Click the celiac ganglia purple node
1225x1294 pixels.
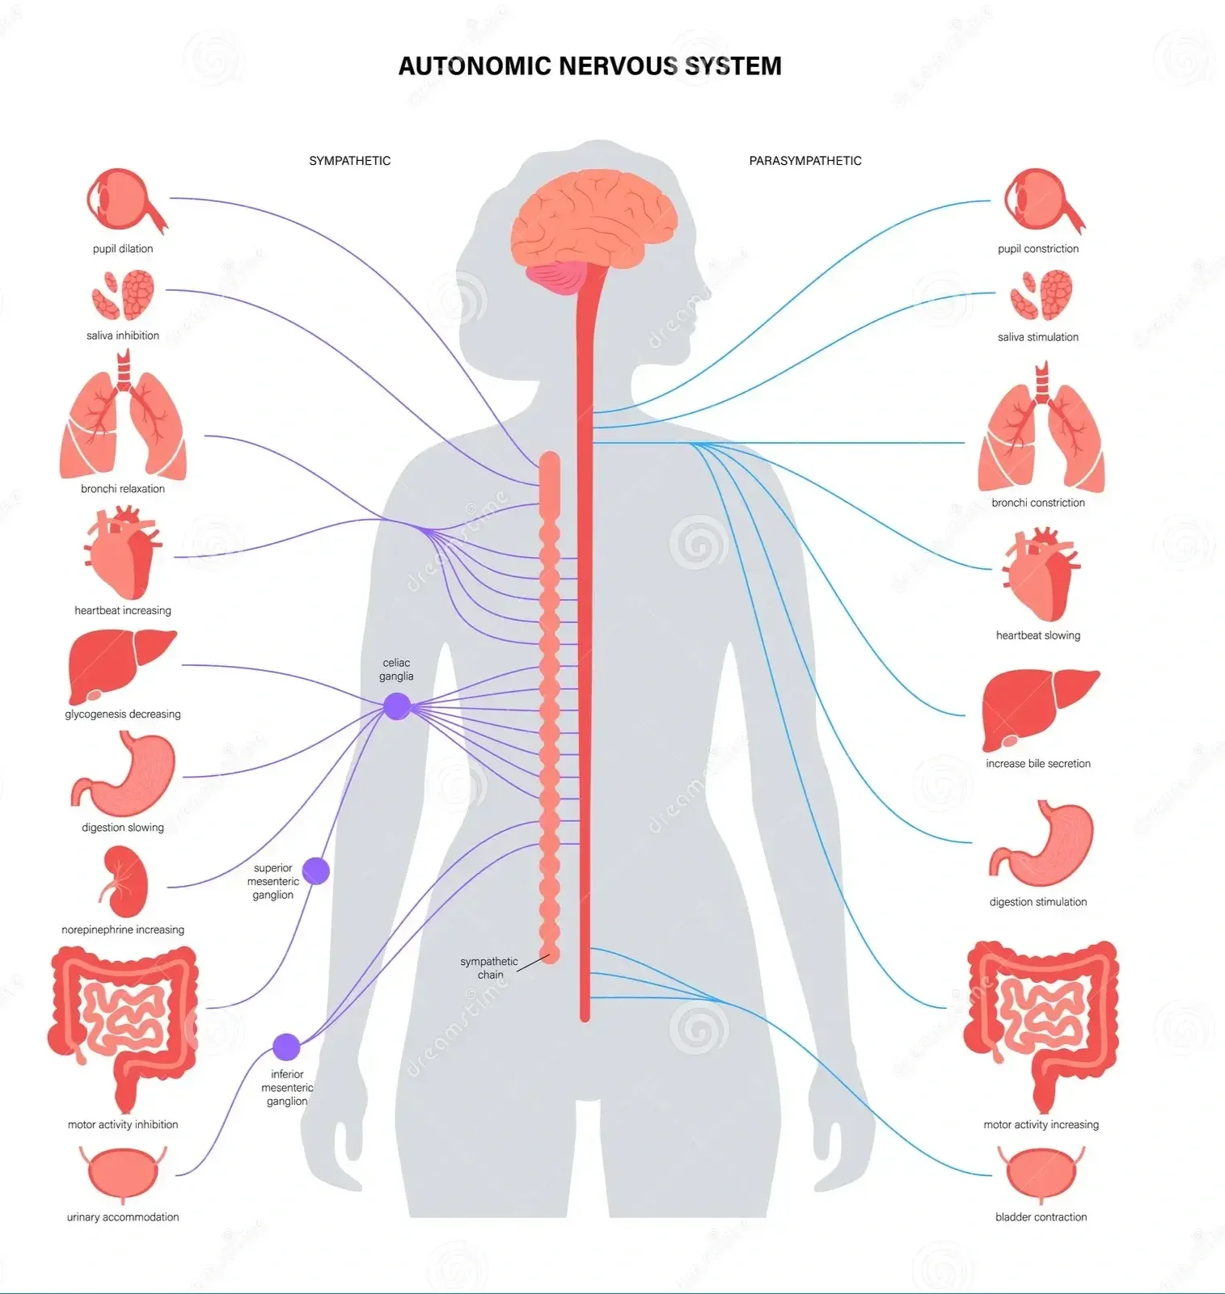pos(396,706)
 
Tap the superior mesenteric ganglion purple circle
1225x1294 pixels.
pos(315,870)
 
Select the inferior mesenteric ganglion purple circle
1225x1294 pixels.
pos(286,1047)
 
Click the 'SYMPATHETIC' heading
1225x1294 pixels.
pos(349,161)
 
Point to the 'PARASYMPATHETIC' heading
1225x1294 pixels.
pos(805,161)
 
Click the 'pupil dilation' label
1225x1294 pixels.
pos(123,249)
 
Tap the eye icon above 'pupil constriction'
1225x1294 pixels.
pos(1042,201)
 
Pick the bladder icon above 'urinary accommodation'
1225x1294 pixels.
pos(124,1174)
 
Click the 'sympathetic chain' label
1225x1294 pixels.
pos(488,967)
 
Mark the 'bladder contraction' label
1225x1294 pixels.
pos(1041,1216)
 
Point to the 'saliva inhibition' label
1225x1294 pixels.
pos(123,335)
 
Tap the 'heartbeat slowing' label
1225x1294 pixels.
pos(1037,635)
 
